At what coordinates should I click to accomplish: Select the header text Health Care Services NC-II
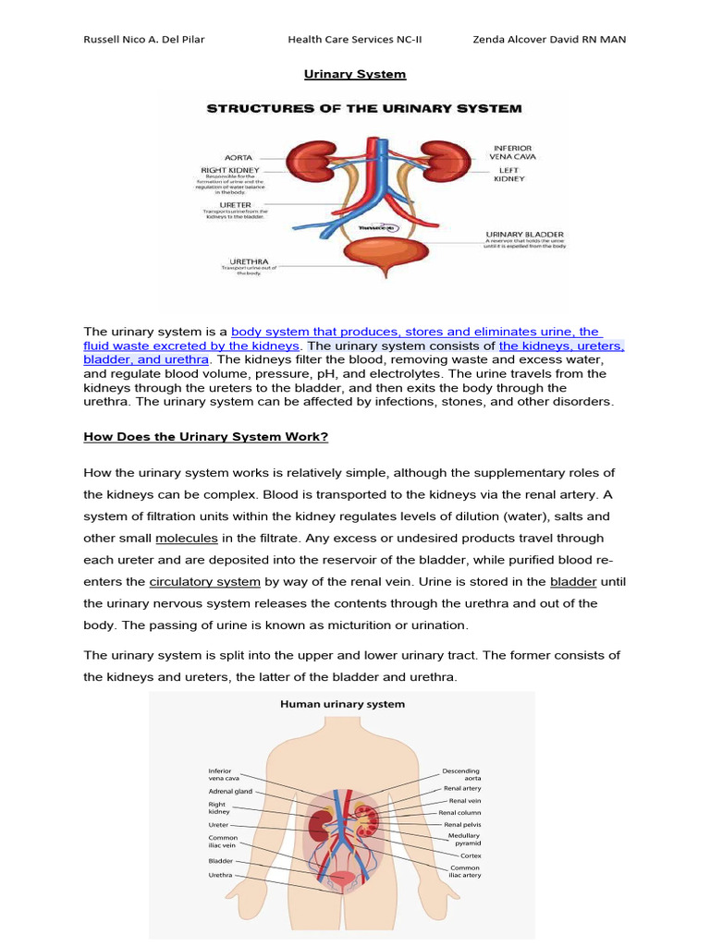pyautogui.click(x=355, y=40)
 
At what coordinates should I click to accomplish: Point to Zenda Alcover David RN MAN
pyautogui.click(x=549, y=40)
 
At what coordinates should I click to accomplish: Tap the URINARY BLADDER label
pyautogui.click(x=524, y=235)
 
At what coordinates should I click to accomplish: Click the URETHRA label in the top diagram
pyautogui.click(x=240, y=261)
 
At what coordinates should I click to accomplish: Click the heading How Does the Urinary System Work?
pyautogui.click(x=206, y=436)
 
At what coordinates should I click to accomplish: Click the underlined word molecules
pyautogui.click(x=186, y=538)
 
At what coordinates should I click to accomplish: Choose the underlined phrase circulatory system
pyautogui.click(x=205, y=582)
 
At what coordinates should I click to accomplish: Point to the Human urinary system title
pyautogui.click(x=342, y=704)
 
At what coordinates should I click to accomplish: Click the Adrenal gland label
pyautogui.click(x=230, y=791)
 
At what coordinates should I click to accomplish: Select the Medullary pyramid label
pyautogui.click(x=464, y=839)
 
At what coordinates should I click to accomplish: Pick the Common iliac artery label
pyautogui.click(x=464, y=871)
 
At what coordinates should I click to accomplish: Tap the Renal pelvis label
pyautogui.click(x=462, y=824)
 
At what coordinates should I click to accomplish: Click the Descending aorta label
pyautogui.click(x=462, y=774)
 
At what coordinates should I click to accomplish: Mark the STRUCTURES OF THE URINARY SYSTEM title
pyautogui.click(x=363, y=108)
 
